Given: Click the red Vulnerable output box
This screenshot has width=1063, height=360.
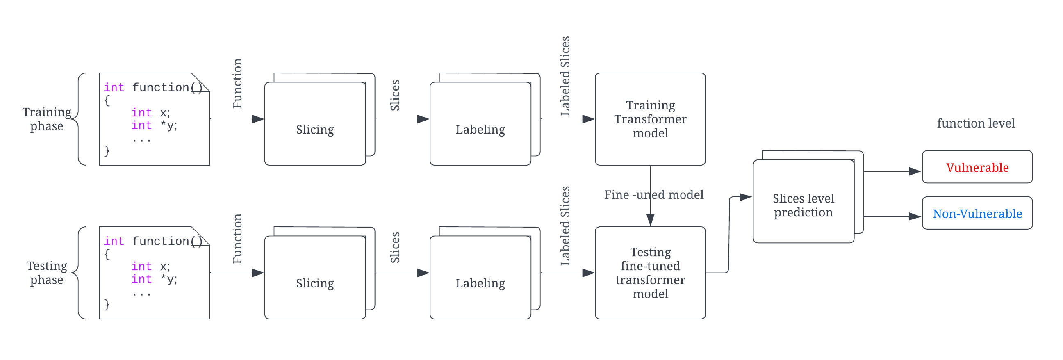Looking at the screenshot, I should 977,167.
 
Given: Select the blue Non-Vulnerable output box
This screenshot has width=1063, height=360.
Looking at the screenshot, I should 977,214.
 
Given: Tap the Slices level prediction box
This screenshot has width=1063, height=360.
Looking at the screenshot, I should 803,205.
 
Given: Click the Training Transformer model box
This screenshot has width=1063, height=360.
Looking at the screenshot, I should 650,119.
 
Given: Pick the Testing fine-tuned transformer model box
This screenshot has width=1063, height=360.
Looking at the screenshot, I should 650,273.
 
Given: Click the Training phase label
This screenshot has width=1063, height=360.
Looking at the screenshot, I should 47,119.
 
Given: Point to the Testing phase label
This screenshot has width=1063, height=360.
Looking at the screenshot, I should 47,273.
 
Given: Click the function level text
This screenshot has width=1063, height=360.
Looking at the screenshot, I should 976,123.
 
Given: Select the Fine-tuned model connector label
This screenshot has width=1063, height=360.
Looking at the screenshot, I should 653,194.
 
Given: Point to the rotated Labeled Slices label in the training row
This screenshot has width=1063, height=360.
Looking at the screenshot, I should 565,76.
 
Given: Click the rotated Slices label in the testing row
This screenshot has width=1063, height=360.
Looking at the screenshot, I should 395,248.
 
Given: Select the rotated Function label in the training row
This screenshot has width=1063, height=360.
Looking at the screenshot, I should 237,84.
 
